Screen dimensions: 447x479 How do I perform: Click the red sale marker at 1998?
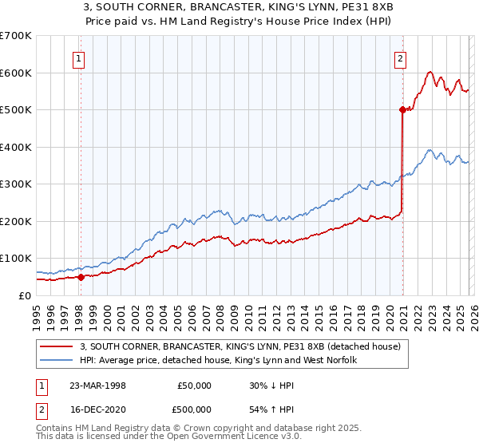point(81,277)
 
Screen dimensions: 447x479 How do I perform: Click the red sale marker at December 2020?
point(402,111)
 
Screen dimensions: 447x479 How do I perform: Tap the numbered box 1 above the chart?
point(81,57)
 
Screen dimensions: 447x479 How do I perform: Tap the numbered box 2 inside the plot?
point(399,57)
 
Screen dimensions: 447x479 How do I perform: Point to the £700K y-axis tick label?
point(16,36)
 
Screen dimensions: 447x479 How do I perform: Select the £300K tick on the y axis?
point(16,184)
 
